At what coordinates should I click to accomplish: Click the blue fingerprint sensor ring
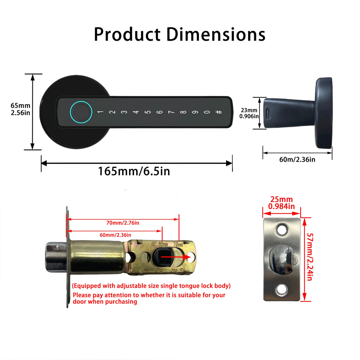point(81,112)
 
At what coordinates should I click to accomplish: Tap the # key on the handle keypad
point(219,112)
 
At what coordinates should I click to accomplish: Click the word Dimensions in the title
point(216,34)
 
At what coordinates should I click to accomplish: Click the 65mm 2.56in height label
point(20,109)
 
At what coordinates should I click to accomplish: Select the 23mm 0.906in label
point(249,113)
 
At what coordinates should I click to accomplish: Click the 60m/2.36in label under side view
point(297,160)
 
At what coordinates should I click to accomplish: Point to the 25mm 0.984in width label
point(281,203)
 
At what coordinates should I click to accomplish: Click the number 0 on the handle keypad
point(207,112)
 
